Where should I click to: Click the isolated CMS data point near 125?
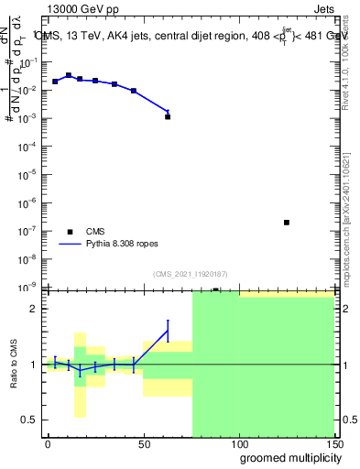(287, 223)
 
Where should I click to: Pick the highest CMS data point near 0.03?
(69, 75)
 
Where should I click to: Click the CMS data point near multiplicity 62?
(168, 117)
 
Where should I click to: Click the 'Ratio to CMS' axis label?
(15, 365)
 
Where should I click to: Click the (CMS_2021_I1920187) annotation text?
(191, 273)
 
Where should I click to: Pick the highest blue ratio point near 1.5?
(168, 331)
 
